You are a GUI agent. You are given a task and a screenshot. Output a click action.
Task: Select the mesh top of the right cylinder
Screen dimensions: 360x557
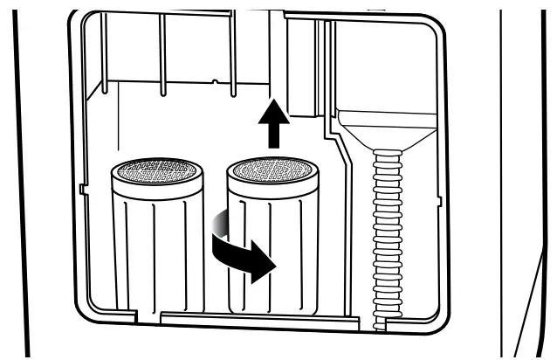273,171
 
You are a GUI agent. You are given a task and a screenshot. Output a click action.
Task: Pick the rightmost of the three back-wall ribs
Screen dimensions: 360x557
230,52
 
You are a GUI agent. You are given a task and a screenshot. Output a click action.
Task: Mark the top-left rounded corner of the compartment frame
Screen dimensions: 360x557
77,19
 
